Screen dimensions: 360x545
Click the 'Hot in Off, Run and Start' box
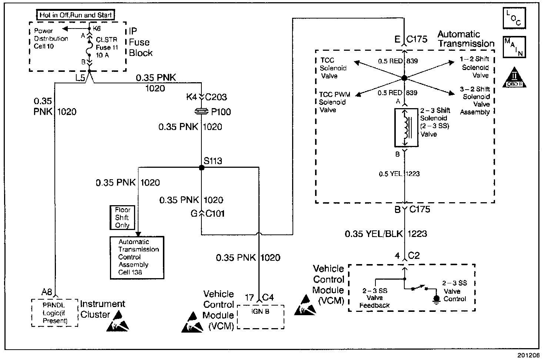(75, 15)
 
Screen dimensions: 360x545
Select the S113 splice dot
(201, 168)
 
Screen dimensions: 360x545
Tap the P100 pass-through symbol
(201, 111)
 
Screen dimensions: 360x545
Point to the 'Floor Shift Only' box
(122, 217)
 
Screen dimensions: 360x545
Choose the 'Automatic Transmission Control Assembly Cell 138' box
(137, 257)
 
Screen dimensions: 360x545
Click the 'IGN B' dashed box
(260, 317)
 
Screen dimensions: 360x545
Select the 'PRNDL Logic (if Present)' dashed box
(55, 313)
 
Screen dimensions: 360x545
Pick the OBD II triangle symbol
(514, 77)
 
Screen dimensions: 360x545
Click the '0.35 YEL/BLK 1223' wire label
(386, 234)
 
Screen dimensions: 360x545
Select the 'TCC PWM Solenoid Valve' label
(334, 102)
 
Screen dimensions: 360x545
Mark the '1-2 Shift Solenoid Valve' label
(475, 67)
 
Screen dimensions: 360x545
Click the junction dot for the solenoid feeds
(405, 78)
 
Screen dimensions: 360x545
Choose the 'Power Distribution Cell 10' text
(51, 39)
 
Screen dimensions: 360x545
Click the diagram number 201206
(529, 354)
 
